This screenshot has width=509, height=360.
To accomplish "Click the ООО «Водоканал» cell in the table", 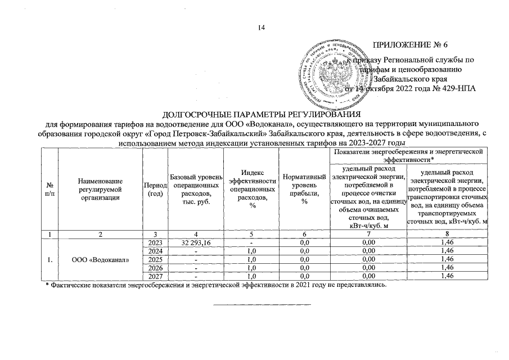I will [100, 259].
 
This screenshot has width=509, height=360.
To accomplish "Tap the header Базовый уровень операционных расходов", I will [193, 189].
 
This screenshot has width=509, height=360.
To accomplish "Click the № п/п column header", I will [51, 189].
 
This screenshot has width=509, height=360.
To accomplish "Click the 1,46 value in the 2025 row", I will [447, 259].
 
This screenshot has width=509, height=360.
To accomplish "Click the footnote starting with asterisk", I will [217, 285].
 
